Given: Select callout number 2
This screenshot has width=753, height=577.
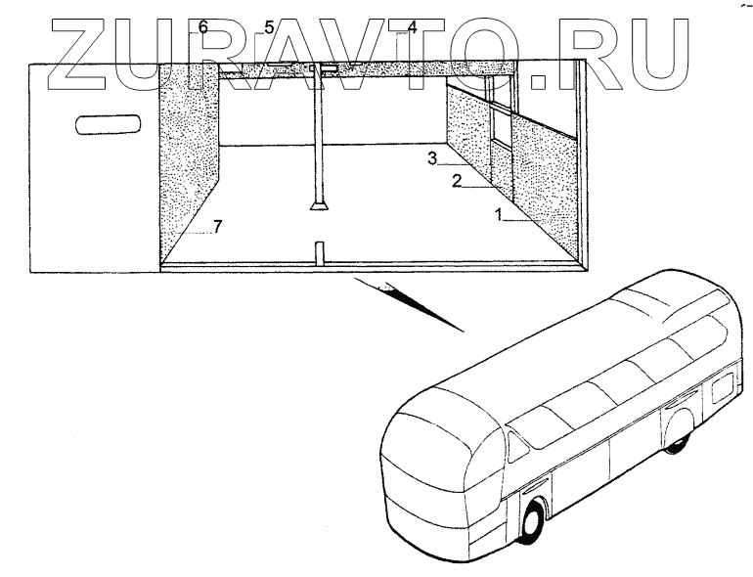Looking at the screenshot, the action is click(456, 181).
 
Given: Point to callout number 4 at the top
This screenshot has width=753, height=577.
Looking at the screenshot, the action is click(413, 27).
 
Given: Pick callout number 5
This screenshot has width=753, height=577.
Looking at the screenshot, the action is click(269, 27).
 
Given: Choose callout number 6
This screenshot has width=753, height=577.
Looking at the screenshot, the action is click(203, 27).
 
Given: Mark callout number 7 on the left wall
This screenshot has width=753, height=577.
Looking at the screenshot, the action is click(217, 227).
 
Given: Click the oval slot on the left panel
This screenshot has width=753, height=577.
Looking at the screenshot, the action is click(109, 124).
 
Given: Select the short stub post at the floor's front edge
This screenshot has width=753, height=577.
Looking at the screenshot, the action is click(318, 254).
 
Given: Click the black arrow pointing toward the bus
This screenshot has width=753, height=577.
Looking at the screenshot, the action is click(401, 297).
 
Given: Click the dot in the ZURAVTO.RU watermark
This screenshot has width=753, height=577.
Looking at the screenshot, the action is click(540, 73).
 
